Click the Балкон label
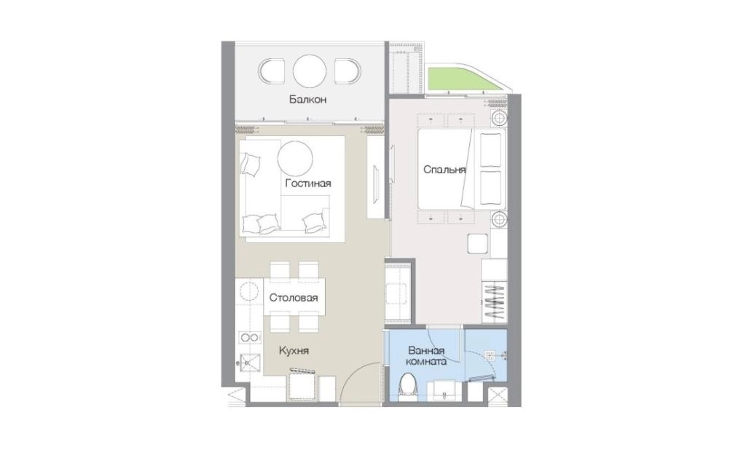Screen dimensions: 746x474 click(307, 100)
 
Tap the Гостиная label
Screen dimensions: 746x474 click(308, 183)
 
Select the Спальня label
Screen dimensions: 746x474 click(444, 169)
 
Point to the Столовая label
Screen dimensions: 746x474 click(294, 298)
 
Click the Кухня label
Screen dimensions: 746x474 click(294, 351)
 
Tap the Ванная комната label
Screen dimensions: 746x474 click(427, 356)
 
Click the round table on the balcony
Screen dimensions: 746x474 click(310, 71)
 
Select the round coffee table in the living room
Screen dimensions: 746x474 click(295, 158)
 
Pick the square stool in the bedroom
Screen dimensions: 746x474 click(478, 244)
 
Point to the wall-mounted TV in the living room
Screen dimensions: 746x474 click(376, 183)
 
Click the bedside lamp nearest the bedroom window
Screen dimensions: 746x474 click(498, 117)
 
